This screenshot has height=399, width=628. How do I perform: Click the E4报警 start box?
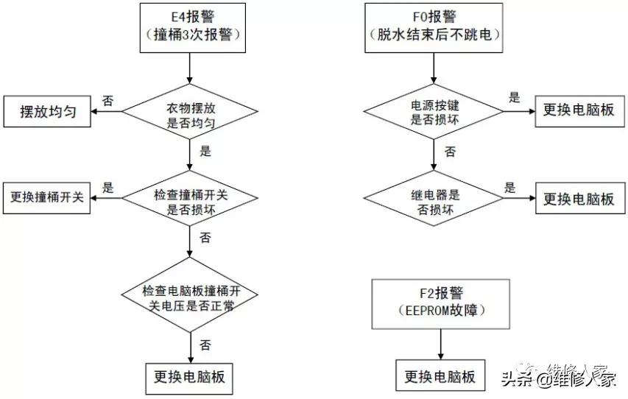(190, 27)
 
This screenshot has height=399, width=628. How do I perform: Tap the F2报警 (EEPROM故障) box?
(440, 303)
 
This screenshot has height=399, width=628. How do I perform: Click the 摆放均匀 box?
(47, 113)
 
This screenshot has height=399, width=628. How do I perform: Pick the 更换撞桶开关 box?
(47, 197)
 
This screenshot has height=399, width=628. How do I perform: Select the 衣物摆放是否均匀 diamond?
(190, 113)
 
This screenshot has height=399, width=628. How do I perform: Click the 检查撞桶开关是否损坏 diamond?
(190, 197)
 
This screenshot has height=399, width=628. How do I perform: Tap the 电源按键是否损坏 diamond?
(434, 112)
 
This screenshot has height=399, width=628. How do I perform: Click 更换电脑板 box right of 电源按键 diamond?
(578, 112)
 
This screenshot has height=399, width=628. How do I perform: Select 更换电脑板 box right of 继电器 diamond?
(578, 199)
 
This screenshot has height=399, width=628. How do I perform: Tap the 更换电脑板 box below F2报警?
(440, 377)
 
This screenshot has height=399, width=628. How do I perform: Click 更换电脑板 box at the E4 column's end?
(190, 378)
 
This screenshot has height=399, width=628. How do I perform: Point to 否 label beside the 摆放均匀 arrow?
(107, 101)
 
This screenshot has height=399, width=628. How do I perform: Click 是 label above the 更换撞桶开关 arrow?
(107, 187)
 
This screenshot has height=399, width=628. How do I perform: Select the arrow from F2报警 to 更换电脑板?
(440, 344)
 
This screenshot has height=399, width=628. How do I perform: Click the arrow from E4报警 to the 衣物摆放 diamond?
(190, 68)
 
